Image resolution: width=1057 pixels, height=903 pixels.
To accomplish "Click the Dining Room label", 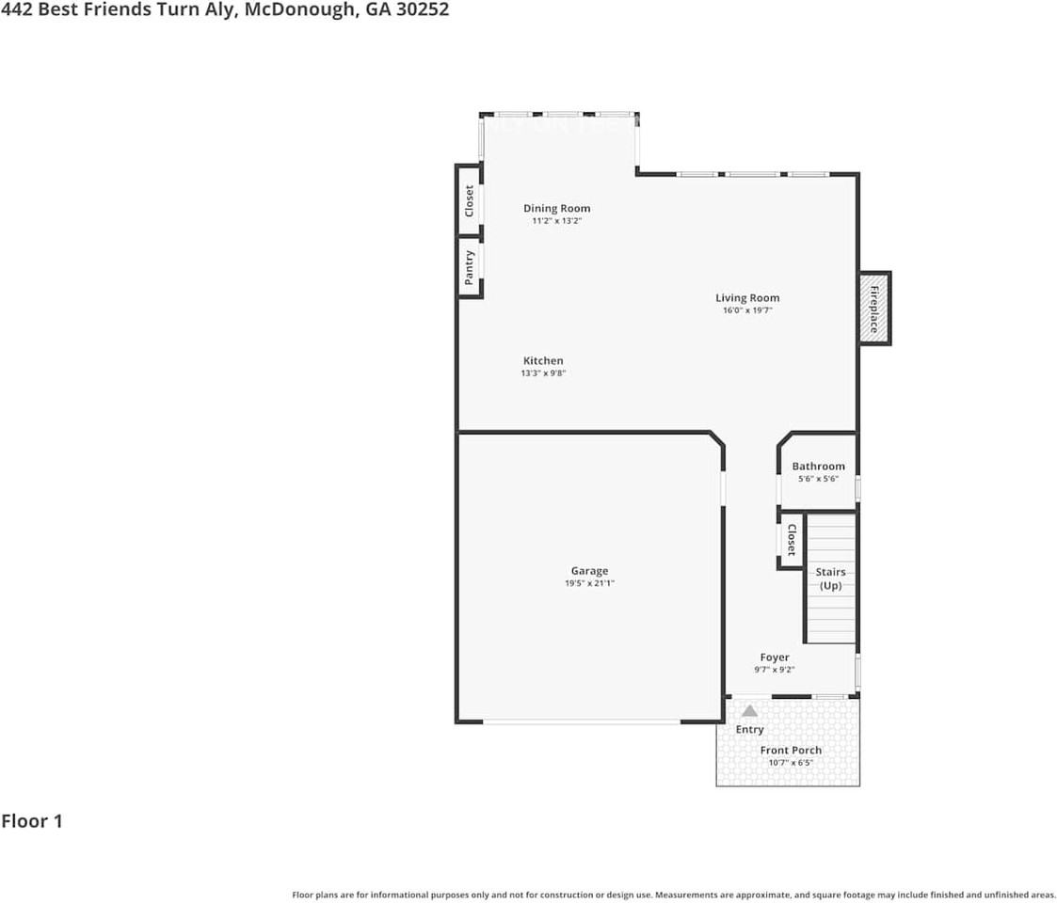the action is click(x=557, y=208).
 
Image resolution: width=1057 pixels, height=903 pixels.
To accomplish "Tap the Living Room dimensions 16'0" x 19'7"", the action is click(x=747, y=310).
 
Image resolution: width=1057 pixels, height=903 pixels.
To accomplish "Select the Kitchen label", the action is click(x=543, y=360).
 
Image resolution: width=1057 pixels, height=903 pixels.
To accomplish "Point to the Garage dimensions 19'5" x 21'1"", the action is click(x=590, y=583).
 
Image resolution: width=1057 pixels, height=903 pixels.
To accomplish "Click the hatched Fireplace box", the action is click(x=875, y=309).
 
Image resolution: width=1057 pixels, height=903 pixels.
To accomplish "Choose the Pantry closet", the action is click(x=470, y=267).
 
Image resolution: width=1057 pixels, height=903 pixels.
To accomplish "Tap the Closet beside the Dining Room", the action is click(x=470, y=200).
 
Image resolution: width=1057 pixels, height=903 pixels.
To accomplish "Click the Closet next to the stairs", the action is click(x=792, y=540).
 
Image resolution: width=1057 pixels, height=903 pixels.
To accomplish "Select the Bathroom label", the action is click(x=818, y=467).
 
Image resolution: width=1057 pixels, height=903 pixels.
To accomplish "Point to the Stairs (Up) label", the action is click(x=830, y=578).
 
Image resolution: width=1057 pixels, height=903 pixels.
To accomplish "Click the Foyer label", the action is click(x=775, y=657).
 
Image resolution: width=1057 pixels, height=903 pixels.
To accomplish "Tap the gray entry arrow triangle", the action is click(x=749, y=711).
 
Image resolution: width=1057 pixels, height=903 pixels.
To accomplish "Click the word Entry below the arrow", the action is click(x=749, y=729).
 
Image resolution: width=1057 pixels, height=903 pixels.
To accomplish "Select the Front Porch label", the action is click(x=791, y=750).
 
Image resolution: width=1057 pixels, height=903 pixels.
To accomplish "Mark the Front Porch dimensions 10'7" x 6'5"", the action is click(x=791, y=763).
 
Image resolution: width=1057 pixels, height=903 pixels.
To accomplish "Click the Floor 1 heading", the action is click(x=32, y=821).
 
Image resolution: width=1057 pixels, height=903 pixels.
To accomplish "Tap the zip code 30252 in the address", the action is click(x=422, y=9).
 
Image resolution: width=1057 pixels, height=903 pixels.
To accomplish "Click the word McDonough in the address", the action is click(x=300, y=10).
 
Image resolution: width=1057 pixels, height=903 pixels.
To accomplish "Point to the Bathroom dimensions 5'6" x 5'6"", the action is click(x=818, y=479).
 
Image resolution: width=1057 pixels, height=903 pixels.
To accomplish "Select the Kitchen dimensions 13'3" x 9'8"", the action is click(x=543, y=373).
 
